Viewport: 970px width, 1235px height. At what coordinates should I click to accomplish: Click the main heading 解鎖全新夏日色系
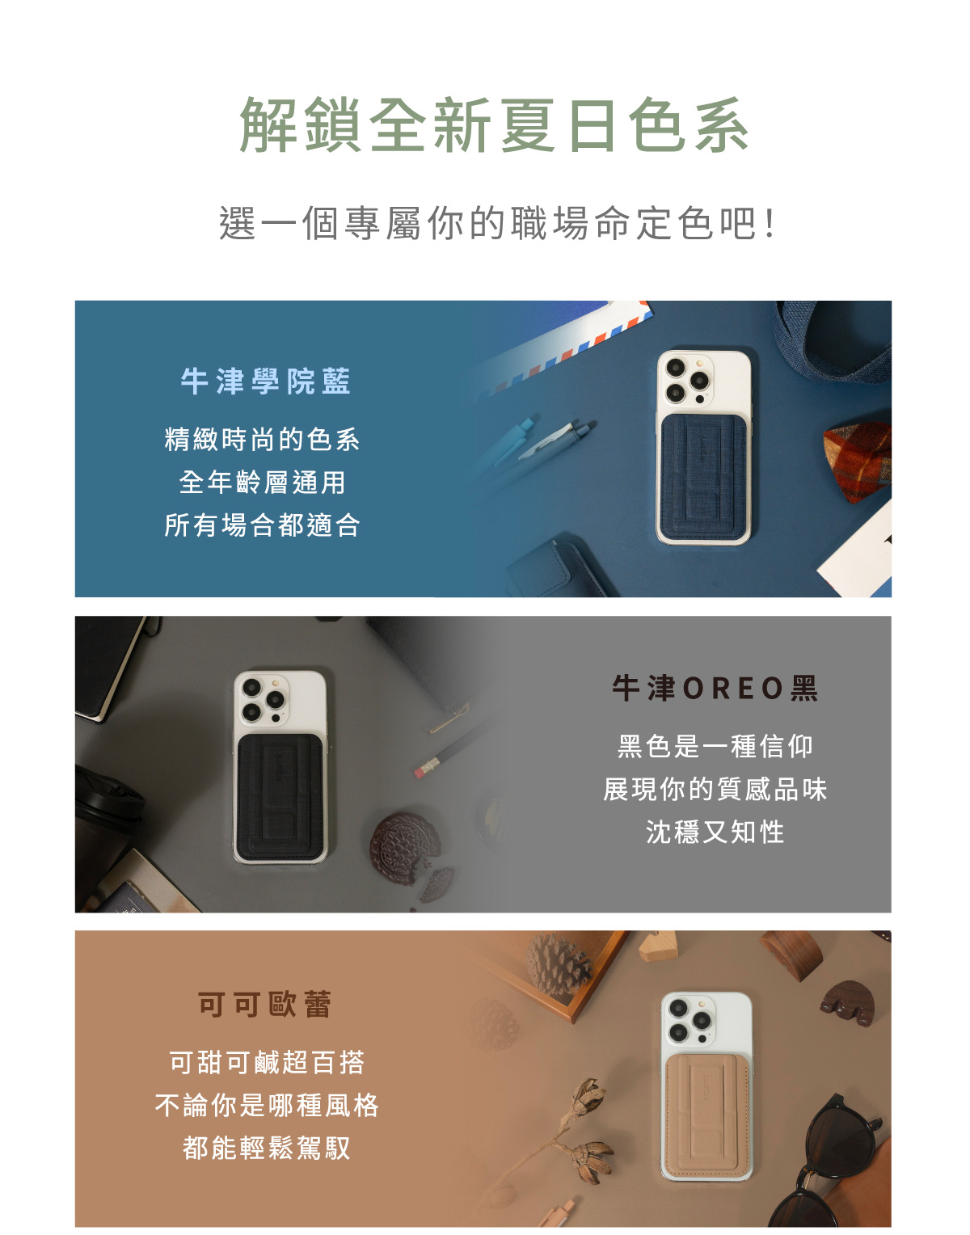click(493, 124)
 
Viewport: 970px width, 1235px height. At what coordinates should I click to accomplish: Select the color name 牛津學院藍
click(265, 381)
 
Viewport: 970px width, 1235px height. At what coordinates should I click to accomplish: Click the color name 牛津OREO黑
click(715, 689)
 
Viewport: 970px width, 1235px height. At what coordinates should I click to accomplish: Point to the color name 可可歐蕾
click(265, 1005)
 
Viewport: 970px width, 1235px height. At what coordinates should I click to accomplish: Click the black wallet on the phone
click(280, 796)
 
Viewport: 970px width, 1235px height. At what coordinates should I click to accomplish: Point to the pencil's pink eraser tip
click(420, 772)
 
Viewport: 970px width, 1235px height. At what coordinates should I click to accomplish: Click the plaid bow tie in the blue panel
click(857, 462)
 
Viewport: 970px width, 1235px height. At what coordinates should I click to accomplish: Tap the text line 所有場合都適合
click(262, 525)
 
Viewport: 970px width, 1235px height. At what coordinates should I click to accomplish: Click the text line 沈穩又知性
click(715, 832)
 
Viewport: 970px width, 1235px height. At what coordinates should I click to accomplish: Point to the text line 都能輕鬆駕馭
click(266, 1148)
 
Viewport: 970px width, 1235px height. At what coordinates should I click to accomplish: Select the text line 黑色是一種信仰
click(715, 746)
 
